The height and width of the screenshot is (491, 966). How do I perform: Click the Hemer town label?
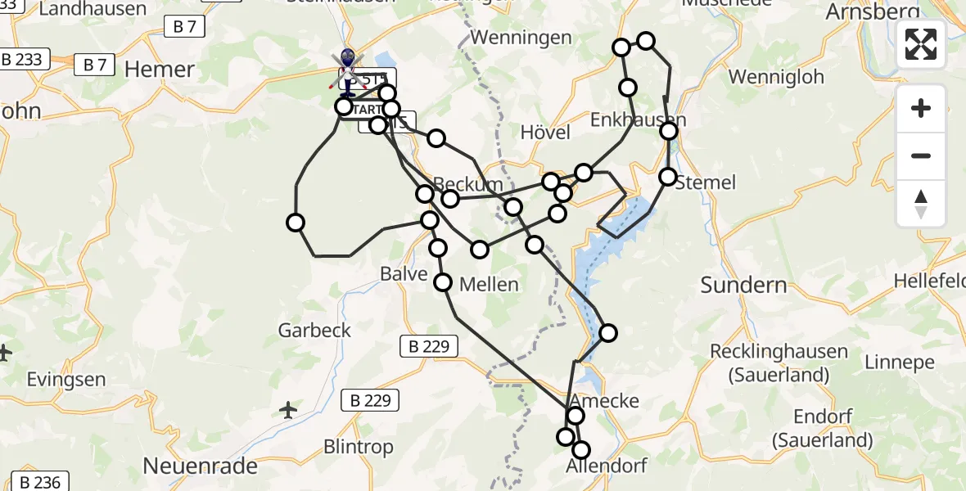click(x=160, y=69)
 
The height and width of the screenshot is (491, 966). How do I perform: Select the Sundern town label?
click(x=743, y=286)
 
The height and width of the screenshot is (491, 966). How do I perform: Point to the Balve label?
click(x=404, y=273)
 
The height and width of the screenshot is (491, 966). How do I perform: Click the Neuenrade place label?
click(x=201, y=466)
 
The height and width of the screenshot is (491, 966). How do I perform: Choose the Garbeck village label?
click(x=314, y=331)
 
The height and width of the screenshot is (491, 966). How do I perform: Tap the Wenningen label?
click(x=521, y=38)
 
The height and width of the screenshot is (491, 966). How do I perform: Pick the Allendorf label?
click(x=607, y=466)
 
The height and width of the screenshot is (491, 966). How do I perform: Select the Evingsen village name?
click(x=66, y=380)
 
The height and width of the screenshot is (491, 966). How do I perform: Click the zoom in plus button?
click(x=921, y=108)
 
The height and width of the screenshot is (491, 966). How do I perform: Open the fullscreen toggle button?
click(x=921, y=44)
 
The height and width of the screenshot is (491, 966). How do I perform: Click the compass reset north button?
click(x=921, y=204)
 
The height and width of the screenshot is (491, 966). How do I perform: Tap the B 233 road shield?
click(x=22, y=60)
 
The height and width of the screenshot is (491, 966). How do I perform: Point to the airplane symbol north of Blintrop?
click(x=288, y=409)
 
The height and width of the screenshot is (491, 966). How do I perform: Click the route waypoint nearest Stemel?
click(x=668, y=177)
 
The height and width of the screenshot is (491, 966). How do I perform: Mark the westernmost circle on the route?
click(x=296, y=223)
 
